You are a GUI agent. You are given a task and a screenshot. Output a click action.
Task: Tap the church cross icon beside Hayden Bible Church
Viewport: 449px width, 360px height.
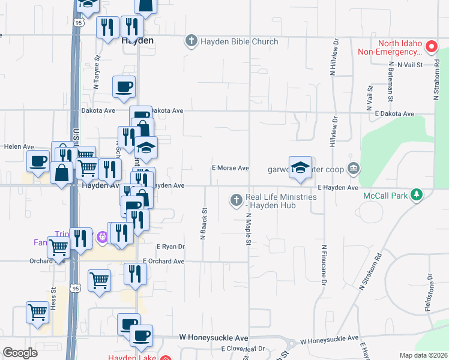click(x=191, y=41)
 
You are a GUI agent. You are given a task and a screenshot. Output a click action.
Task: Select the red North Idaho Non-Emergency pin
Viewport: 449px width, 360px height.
click(x=430, y=46)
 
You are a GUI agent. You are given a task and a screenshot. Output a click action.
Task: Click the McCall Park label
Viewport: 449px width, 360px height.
click(x=385, y=196)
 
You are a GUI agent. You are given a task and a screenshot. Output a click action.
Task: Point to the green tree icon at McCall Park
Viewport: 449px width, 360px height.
click(x=414, y=195)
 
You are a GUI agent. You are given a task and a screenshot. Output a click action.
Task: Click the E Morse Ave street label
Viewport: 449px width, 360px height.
click(x=231, y=169)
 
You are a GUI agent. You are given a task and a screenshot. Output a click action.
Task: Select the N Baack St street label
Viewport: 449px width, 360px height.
click(x=204, y=224)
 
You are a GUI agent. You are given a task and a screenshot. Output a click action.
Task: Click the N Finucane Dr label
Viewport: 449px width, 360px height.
click(x=324, y=264)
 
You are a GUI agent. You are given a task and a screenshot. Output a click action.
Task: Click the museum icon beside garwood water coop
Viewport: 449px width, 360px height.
click(x=354, y=168)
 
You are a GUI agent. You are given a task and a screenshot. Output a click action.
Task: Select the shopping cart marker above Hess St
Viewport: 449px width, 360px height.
click(x=37, y=312)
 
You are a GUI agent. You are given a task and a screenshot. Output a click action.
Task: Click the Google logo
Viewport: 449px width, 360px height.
click(x=20, y=353)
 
